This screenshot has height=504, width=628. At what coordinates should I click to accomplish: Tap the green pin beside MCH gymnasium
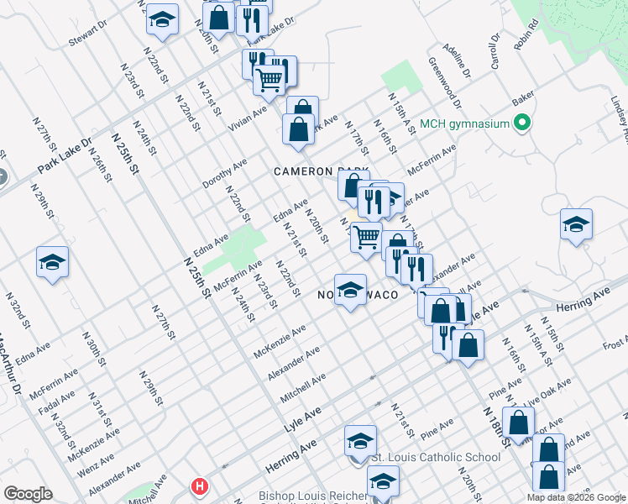tap(523, 123)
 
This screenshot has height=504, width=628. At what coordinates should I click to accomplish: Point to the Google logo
tap(28, 494)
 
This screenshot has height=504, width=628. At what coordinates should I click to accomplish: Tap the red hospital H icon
tap(199, 486)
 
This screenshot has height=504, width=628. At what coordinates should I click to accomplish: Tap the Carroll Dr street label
tap(495, 52)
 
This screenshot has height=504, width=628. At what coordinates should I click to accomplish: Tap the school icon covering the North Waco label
tap(350, 291)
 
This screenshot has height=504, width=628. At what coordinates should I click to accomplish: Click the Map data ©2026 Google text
tap(576, 496)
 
